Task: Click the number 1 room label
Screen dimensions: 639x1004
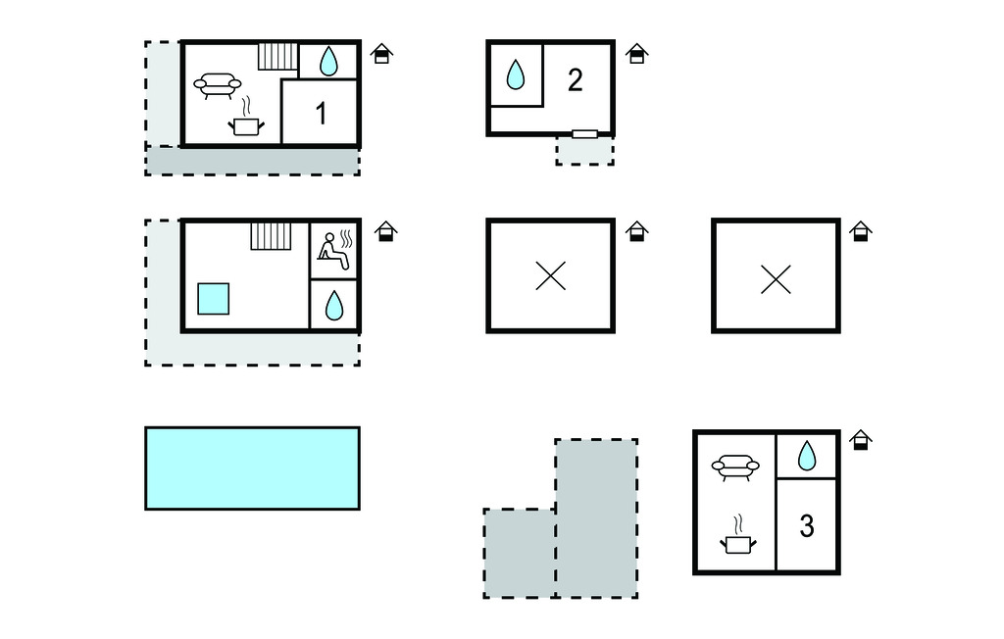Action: (321, 114)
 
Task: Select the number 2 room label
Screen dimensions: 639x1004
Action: (576, 80)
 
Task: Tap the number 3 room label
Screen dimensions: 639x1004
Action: (807, 526)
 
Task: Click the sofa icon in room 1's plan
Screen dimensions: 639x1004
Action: (218, 85)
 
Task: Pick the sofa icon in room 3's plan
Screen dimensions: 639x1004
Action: (735, 467)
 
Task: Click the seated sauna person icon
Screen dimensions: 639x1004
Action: (334, 249)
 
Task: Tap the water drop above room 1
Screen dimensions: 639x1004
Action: (328, 62)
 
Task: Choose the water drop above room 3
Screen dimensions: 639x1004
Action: (807, 455)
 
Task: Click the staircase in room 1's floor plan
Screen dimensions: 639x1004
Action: (277, 56)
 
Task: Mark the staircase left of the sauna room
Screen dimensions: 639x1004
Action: (271, 235)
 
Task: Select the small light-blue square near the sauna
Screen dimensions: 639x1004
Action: (214, 299)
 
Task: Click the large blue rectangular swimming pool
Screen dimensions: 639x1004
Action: (252, 468)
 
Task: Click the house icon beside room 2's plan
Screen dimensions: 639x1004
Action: (636, 53)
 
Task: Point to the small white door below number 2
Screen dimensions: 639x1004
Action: (584, 133)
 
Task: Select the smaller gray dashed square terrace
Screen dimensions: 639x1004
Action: (520, 553)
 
